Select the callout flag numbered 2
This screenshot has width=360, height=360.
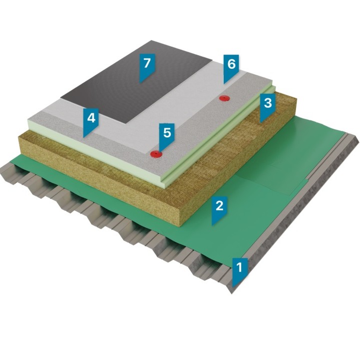tap(220, 209)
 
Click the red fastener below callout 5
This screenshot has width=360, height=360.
tap(156, 154)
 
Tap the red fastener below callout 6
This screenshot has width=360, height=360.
tap(224, 98)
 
